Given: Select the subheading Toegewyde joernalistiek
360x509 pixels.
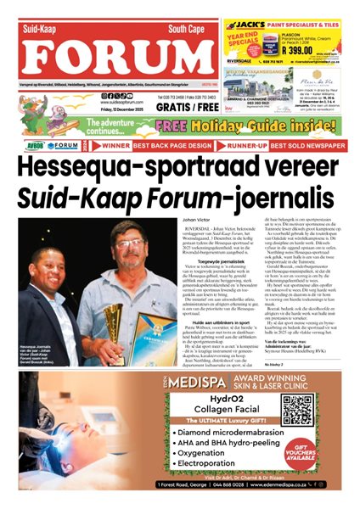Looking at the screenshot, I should [x=205, y=260].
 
